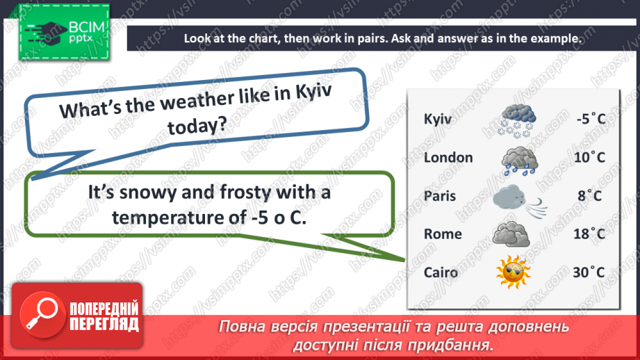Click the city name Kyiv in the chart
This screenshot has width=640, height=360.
point(438,119)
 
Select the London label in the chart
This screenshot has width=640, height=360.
point(448,158)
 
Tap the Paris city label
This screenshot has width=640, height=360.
point(440,196)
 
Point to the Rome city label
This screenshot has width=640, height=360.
point(443,234)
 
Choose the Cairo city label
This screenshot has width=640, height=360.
point(441,272)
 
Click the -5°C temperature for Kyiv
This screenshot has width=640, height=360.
point(591,119)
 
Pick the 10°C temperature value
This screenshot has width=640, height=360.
point(589,157)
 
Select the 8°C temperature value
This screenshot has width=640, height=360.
point(590,195)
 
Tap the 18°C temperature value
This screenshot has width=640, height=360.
point(589,234)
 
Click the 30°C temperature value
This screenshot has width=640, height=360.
point(589,272)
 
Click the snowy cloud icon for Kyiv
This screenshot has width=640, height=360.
point(517,120)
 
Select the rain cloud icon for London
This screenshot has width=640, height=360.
point(520,161)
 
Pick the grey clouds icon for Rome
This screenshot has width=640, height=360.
point(511,234)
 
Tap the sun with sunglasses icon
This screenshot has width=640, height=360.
point(513,272)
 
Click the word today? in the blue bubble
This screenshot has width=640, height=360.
point(197,126)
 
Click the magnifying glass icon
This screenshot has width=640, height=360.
point(42,315)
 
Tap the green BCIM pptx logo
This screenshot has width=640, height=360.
point(64,32)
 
